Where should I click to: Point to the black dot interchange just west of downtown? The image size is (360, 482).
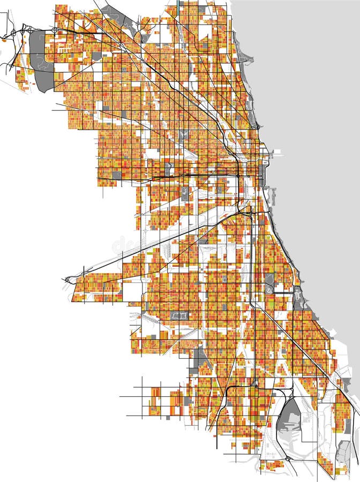tap(237, 175)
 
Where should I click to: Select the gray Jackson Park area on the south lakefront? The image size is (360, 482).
tap(298, 297)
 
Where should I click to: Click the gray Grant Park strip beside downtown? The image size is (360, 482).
tap(262, 174)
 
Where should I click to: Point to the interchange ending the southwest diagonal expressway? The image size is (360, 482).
tap(68, 280)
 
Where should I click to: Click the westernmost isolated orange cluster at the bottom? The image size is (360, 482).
tap(155, 401)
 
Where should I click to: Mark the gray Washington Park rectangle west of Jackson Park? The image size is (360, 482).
tap(269, 283)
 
